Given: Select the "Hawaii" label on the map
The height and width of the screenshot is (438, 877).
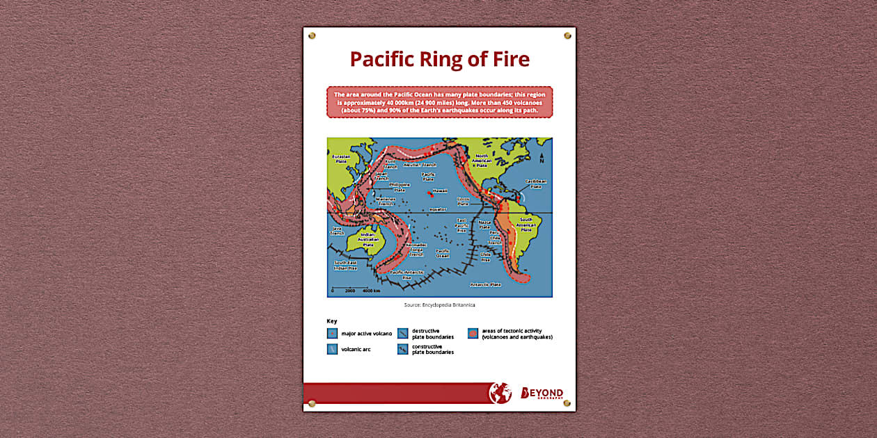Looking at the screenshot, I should click(440, 190).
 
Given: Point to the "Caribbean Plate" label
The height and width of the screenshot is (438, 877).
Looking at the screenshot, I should click(535, 184).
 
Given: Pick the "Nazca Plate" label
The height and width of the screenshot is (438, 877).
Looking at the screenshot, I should click(484, 225).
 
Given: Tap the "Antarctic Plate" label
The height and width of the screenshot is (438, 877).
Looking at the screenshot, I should click(485, 284).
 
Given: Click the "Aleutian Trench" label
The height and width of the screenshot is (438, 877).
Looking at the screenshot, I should click(420, 165).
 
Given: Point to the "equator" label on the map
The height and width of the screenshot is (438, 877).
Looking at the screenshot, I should click(437, 209).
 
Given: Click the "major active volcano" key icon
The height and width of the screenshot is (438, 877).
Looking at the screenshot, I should click(332, 334).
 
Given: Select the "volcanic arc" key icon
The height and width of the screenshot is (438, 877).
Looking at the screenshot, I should click(332, 349).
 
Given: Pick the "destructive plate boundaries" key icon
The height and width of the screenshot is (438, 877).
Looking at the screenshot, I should click(403, 334).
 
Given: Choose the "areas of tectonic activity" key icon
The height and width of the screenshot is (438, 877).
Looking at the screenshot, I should click(473, 334).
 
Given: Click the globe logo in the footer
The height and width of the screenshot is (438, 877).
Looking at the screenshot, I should click(500, 393).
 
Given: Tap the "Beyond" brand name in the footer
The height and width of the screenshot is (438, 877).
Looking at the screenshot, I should click(542, 394).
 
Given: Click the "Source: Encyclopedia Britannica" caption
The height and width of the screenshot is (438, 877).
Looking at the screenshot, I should click(439, 305).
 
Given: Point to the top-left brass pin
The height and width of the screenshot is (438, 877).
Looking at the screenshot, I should click(312, 35).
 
